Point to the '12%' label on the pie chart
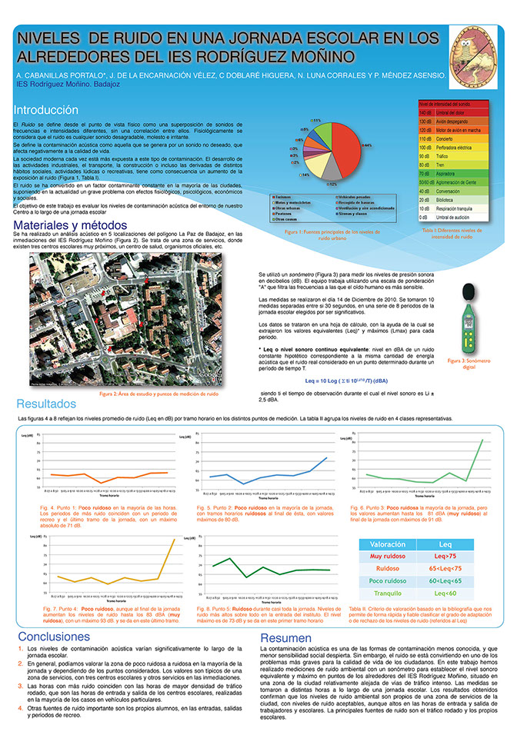point(332,185)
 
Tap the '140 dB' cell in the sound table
point(425,112)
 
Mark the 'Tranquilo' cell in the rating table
point(389,593)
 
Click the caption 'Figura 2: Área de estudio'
point(159,394)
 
